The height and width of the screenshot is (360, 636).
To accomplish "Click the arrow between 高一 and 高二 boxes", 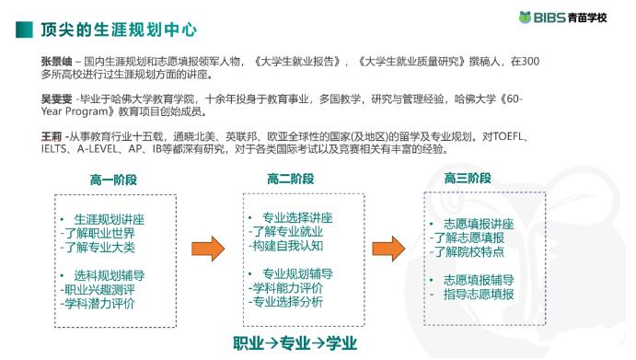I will coord(208,248).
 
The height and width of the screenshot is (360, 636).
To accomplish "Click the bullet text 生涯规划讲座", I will coord(109,220).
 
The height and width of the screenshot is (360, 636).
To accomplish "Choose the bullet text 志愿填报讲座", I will coord(478,224).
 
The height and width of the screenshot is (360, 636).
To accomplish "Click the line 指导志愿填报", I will coord(478,294).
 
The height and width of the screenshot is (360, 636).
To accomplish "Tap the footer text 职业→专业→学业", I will coord(294,343).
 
